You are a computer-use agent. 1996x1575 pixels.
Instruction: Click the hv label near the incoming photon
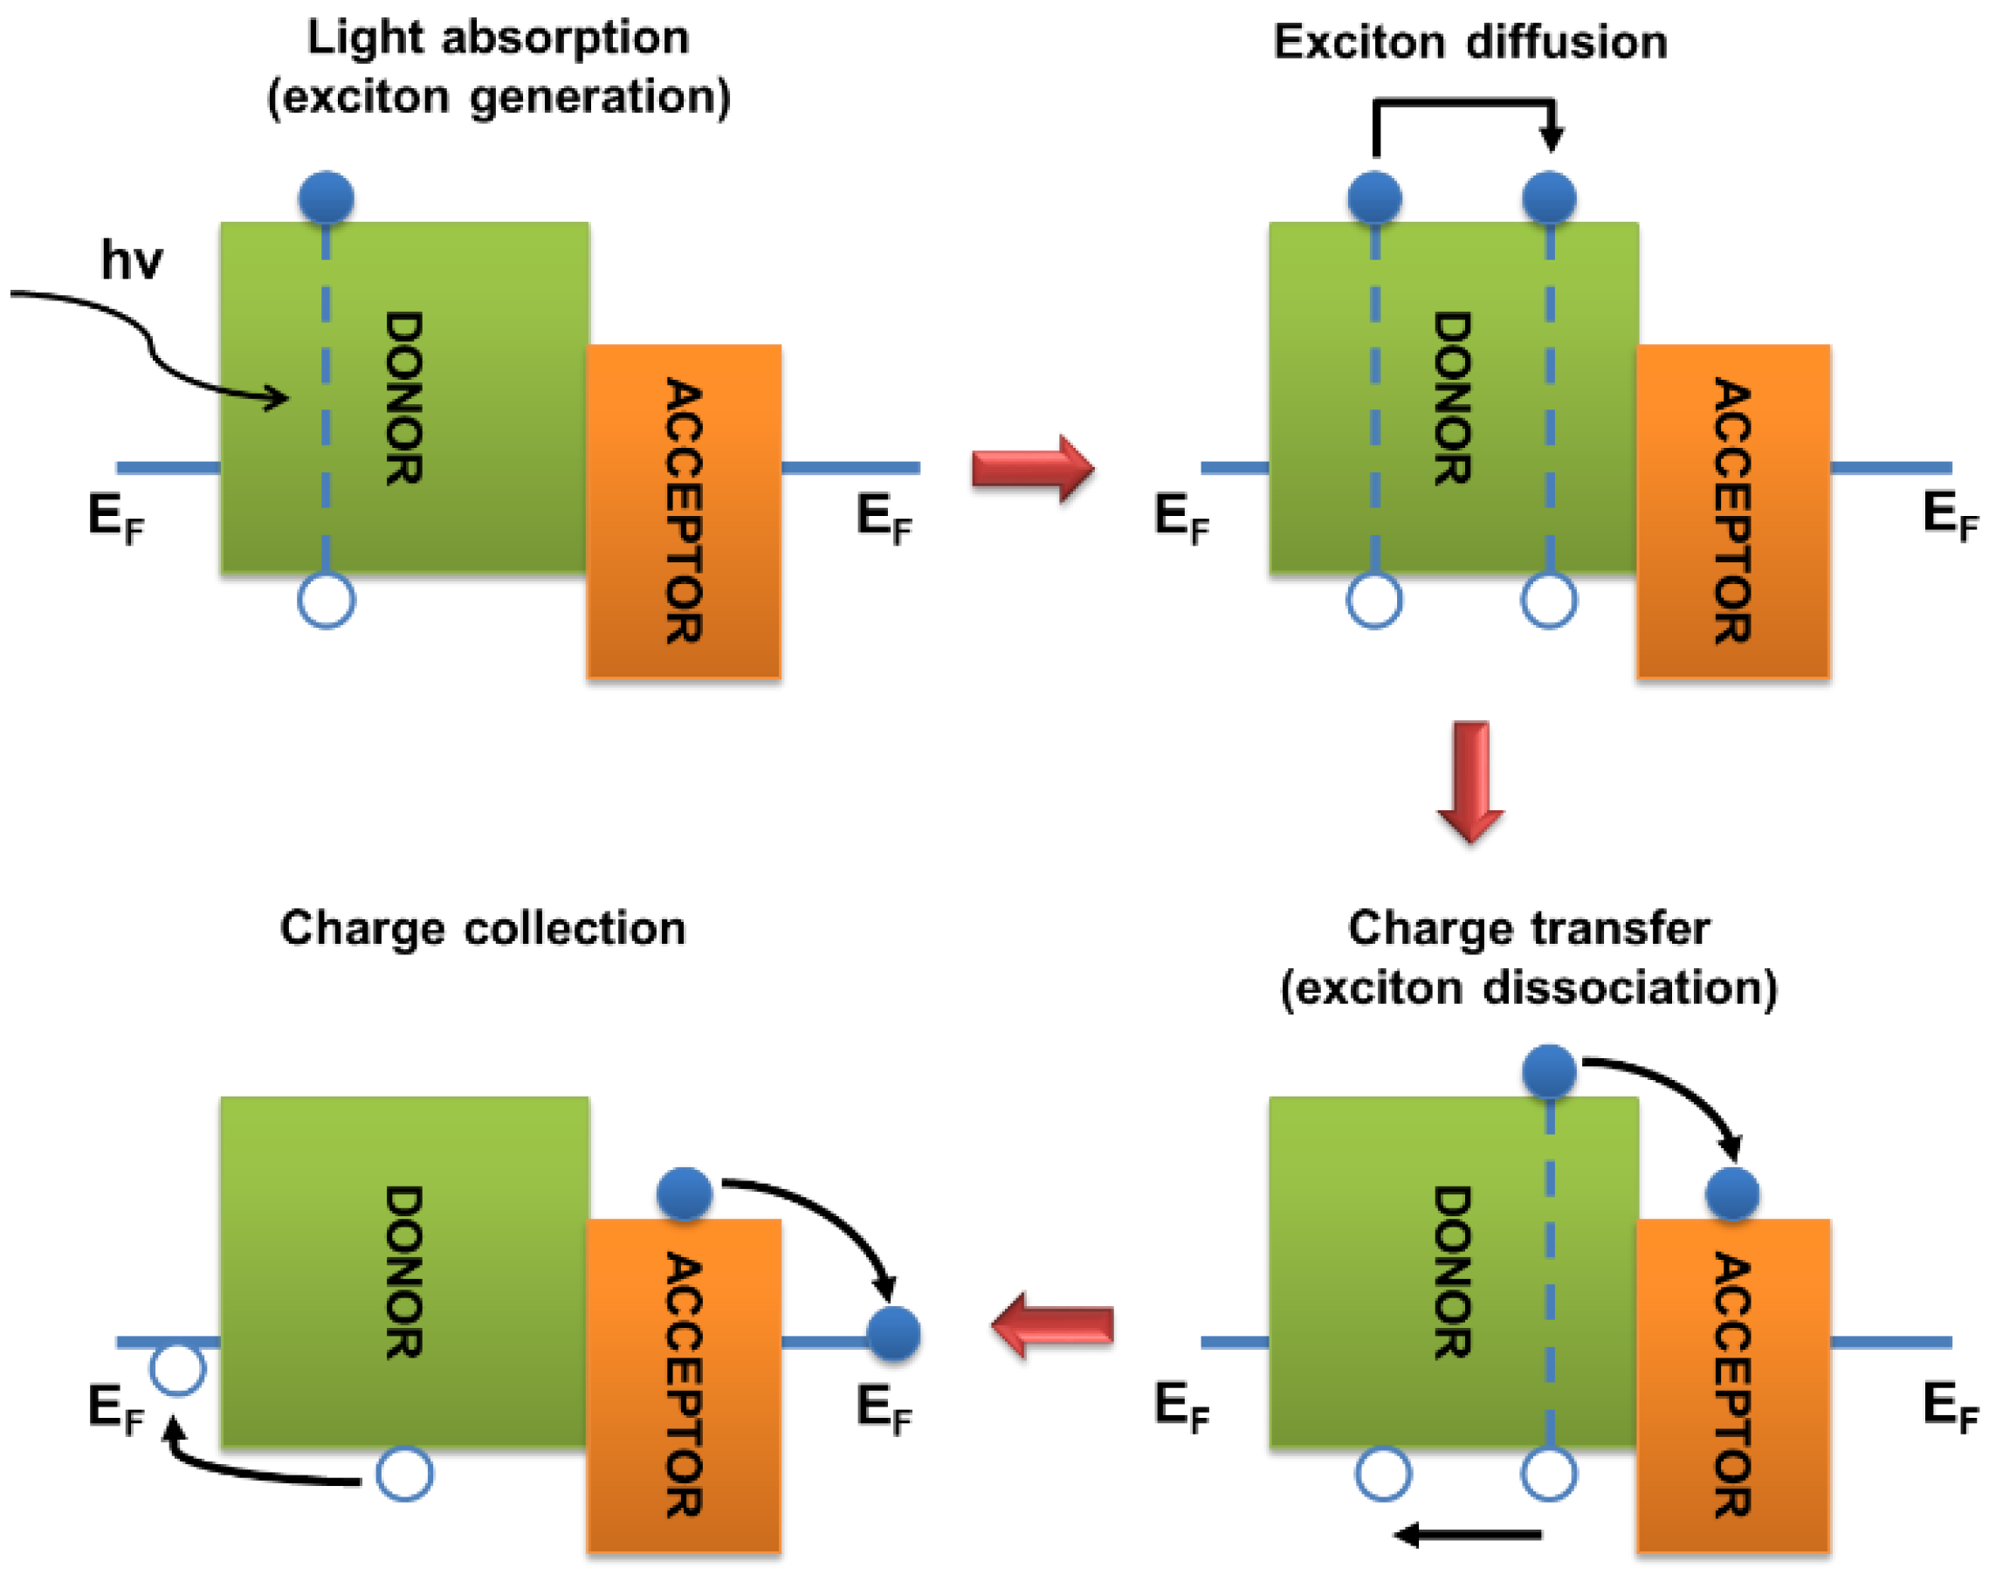[x=131, y=261]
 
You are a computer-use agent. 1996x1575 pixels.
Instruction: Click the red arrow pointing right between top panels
[x=1032, y=469]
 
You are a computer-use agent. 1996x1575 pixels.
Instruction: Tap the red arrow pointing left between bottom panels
[x=1052, y=1326]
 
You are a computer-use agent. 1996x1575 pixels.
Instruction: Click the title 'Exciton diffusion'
[x=1470, y=43]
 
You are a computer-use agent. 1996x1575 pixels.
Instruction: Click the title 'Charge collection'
[x=482, y=928]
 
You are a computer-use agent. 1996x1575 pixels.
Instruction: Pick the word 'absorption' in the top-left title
[x=565, y=38]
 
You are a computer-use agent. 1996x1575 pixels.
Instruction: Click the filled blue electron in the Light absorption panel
[x=327, y=197]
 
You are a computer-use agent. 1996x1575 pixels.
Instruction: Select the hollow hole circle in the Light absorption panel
[x=327, y=601]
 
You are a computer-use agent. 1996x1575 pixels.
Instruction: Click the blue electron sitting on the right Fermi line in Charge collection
[x=894, y=1333]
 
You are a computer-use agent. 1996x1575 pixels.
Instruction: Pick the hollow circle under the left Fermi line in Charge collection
[x=177, y=1368]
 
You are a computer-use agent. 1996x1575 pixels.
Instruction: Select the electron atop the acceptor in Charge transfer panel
[x=1732, y=1194]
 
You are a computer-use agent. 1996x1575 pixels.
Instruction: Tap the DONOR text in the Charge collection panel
[x=404, y=1273]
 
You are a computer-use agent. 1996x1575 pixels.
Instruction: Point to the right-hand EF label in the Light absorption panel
[x=884, y=518]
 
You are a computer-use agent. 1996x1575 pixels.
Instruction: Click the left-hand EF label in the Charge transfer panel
[x=1180, y=1406]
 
